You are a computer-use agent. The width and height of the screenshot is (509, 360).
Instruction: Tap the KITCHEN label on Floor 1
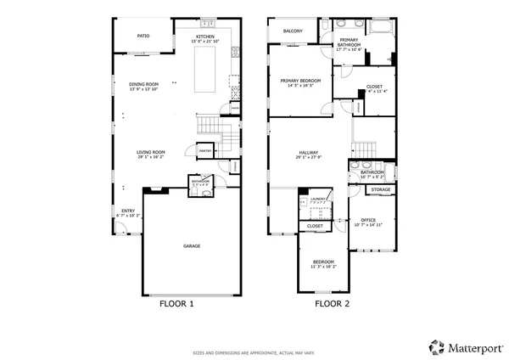coord(206,37)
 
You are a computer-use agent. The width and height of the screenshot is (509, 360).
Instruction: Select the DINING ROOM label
coord(143,83)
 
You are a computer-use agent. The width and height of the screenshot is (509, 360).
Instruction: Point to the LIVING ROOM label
coord(150,153)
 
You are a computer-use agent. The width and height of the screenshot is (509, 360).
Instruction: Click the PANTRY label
coord(204,150)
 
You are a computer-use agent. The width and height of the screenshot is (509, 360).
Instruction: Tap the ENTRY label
coord(127,211)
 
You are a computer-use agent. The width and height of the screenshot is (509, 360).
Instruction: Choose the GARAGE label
coord(192,245)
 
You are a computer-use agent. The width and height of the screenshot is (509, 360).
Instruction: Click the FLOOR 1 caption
coord(177,303)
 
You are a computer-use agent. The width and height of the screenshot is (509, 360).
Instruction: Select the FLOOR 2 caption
coord(332,303)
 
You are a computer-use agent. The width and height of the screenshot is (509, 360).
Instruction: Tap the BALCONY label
coord(294,31)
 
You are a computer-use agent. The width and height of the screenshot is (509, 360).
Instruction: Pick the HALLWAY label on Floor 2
coord(308,153)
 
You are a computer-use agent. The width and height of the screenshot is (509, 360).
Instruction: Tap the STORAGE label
coord(381,189)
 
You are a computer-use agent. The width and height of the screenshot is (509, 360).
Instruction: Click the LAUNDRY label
coord(318,200)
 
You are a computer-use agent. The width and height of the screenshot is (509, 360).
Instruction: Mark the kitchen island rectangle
coord(205,70)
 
